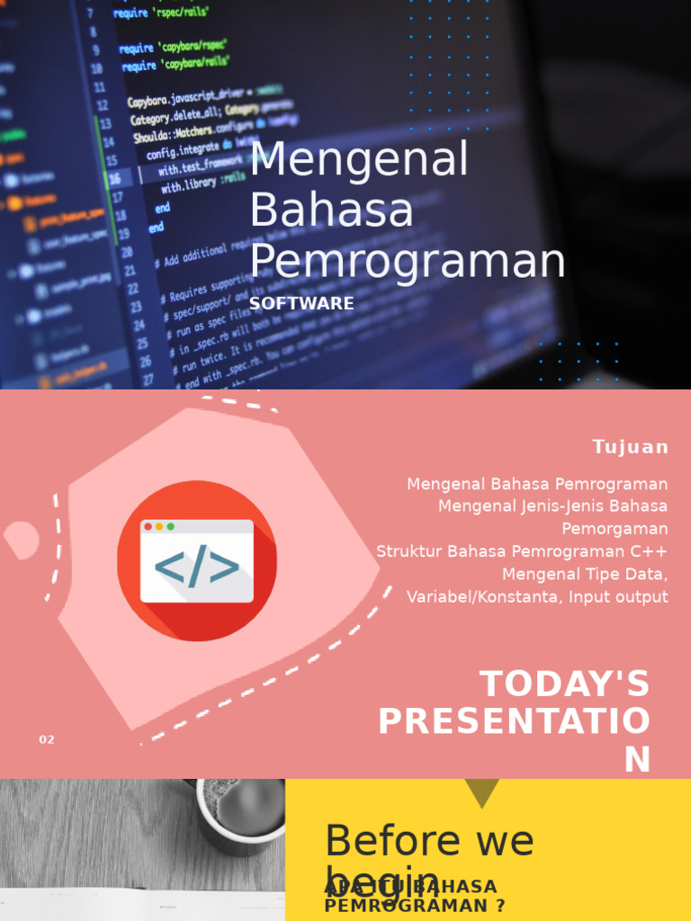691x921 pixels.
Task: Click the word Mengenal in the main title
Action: [359, 160]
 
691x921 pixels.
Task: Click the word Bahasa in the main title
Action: [331, 210]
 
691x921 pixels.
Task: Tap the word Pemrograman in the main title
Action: [408, 262]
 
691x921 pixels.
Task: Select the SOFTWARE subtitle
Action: [301, 304]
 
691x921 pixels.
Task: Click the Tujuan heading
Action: [630, 447]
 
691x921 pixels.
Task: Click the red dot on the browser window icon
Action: [148, 526]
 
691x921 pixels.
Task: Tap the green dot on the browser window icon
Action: [170, 526]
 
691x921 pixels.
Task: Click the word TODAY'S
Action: [564, 684]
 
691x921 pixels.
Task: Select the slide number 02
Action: [47, 739]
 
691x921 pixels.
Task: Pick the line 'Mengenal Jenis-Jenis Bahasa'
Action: [552, 506]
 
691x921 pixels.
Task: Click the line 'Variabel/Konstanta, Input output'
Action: [537, 596]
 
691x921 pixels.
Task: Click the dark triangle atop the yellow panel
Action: [482, 791]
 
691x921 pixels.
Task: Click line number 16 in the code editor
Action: [115, 179]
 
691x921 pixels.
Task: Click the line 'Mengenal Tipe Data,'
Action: [585, 574]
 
